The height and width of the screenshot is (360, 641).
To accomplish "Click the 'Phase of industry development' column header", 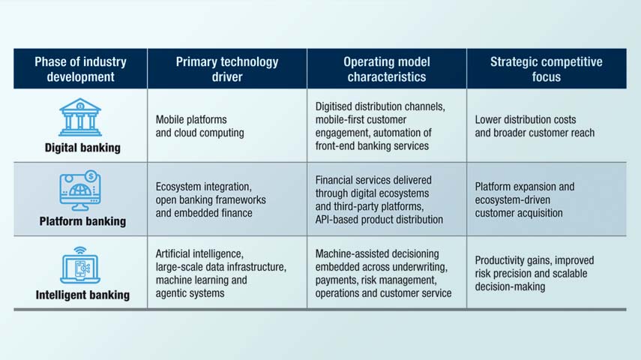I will click(80, 69).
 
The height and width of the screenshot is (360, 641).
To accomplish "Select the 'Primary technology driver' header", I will click(226, 69).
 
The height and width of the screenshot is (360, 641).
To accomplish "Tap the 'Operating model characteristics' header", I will click(386, 69).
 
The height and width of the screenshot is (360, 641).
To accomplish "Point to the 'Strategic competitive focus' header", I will click(546, 69).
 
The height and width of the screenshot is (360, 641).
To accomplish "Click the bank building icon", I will click(80, 118).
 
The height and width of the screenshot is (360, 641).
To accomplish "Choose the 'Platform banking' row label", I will click(82, 221).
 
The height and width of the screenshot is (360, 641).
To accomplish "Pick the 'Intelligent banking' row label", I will click(82, 295).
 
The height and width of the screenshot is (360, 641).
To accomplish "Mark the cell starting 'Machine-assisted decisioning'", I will click(383, 274).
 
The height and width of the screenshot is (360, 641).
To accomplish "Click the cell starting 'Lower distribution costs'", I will click(535, 126).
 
